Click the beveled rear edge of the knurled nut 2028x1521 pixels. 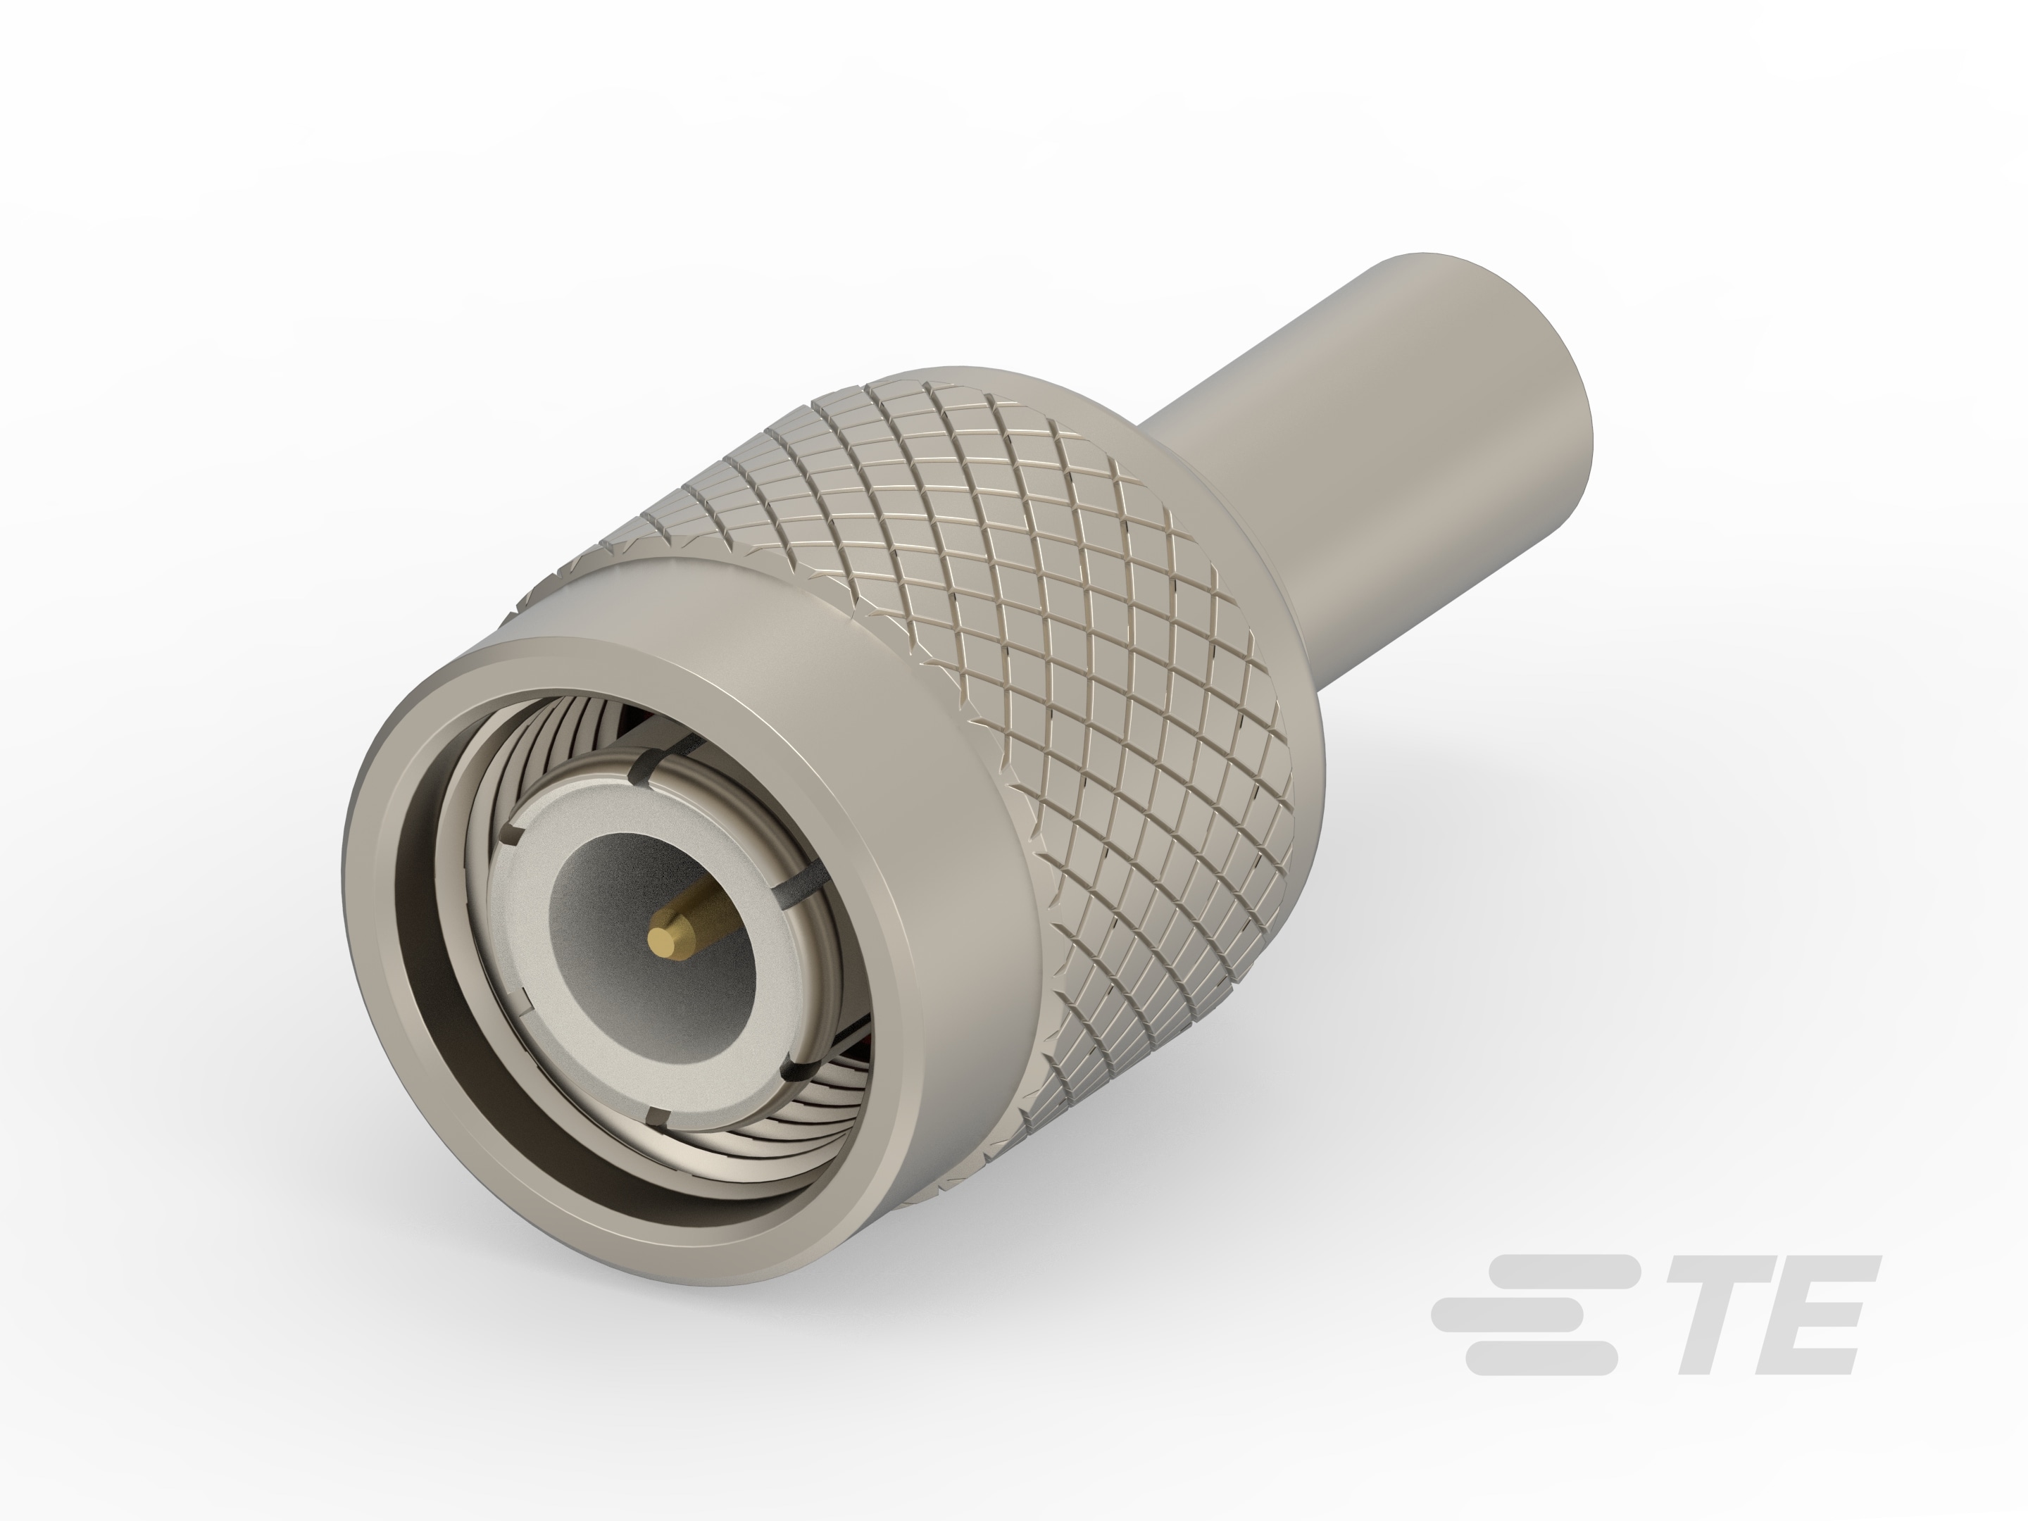(x=1192, y=495)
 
